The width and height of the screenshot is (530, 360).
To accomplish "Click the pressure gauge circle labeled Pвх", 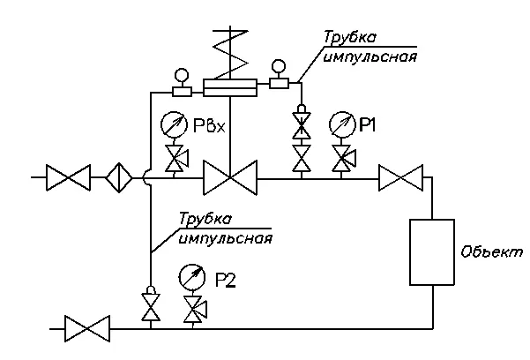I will tap(173, 124).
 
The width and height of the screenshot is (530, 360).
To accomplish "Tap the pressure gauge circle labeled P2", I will tap(190, 277).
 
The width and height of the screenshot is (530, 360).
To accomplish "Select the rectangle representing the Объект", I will tap(431, 252).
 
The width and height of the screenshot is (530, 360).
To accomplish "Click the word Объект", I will tap(491, 252).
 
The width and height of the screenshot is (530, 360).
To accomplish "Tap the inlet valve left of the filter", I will tap(69, 178).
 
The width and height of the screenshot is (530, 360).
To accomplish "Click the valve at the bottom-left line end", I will tap(88, 331).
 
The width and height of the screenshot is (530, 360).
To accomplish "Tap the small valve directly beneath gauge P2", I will tap(190, 310).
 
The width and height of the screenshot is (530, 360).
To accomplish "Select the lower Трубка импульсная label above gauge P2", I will tap(224, 228).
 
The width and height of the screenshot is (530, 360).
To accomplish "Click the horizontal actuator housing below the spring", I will tap(228, 87).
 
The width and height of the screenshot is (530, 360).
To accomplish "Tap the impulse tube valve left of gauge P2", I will tap(150, 307).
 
